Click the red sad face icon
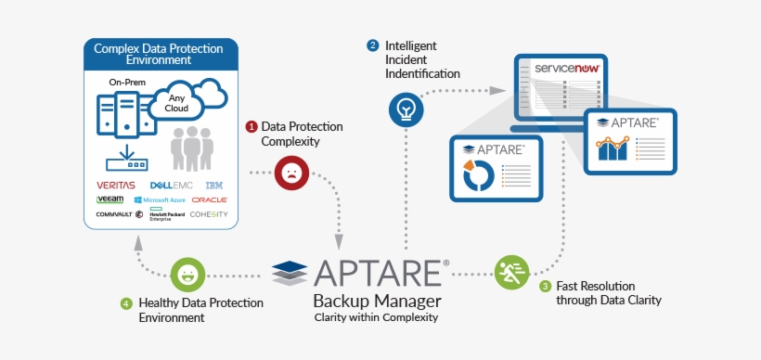pyautogui.click(x=290, y=173)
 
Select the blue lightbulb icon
pyautogui.click(x=406, y=109)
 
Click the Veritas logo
pyautogui.click(x=115, y=185)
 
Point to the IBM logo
pyautogui.click(x=213, y=185)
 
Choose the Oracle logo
pyautogui.click(x=210, y=199)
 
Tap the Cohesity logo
pyautogui.click(x=209, y=214)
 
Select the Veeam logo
pyautogui.click(x=110, y=199)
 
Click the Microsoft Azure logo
pyautogui.click(x=160, y=199)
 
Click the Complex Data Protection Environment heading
pyautogui.click(x=157, y=53)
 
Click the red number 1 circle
pyautogui.click(x=251, y=126)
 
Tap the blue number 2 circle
pyautogui.click(x=373, y=45)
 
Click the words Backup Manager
pyautogui.click(x=377, y=302)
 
